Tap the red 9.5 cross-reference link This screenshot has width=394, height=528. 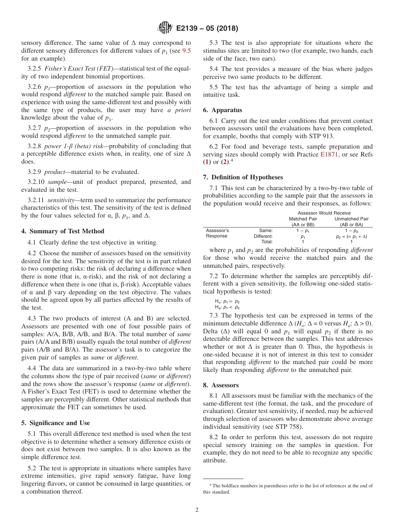(187, 51)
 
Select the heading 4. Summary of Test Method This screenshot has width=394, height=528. (63, 231)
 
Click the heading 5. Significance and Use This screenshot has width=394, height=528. (56, 423)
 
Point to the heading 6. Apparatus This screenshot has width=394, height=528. (222, 110)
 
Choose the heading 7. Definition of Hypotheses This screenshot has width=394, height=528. (243, 177)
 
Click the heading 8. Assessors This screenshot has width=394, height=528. (221, 385)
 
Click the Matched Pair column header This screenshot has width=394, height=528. (303, 219)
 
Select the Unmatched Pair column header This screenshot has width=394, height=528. (351, 219)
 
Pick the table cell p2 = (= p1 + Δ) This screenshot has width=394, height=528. (351, 236)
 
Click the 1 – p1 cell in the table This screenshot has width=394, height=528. (303, 230)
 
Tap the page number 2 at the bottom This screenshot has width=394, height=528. (197, 510)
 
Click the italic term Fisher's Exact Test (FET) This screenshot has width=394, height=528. (78, 69)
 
